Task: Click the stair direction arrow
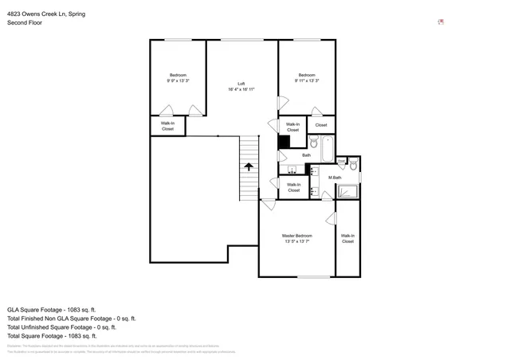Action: (x=249, y=167)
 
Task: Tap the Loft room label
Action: (x=241, y=84)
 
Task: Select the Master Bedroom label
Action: (x=296, y=237)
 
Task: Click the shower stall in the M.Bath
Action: (x=348, y=190)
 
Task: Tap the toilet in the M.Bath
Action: (x=341, y=164)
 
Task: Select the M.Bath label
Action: (x=335, y=178)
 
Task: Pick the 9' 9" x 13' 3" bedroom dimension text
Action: (x=177, y=80)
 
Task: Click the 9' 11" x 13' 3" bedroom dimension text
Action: (x=306, y=80)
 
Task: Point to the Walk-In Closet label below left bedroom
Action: (x=168, y=126)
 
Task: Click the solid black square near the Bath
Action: (x=283, y=142)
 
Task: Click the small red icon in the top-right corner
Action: (x=441, y=22)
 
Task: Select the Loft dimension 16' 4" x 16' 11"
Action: (x=241, y=90)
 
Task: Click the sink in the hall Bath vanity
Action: (x=292, y=169)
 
